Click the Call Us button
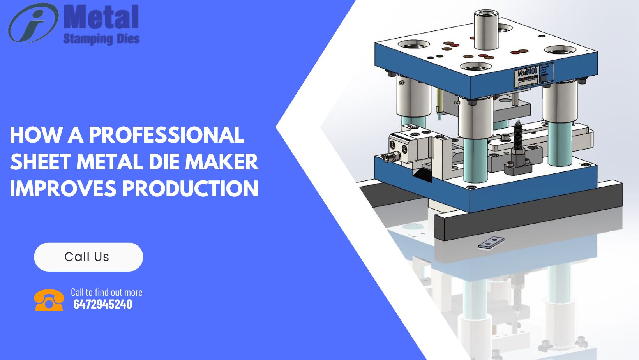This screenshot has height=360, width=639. coord(88,257)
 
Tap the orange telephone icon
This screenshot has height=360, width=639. coord(49,300)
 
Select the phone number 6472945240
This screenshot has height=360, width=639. coord(103,304)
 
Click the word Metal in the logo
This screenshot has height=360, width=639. coord(101,18)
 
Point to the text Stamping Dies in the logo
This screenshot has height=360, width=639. coord(101,39)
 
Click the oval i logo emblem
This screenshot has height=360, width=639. coord(33,22)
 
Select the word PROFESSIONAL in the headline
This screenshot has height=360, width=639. coord(166,135)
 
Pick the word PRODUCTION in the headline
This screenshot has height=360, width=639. coord(190,189)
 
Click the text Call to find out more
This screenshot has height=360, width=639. coord(106,292)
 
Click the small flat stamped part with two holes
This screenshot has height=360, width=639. coord(491,242)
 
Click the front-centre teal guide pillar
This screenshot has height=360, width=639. coord(475,160)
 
